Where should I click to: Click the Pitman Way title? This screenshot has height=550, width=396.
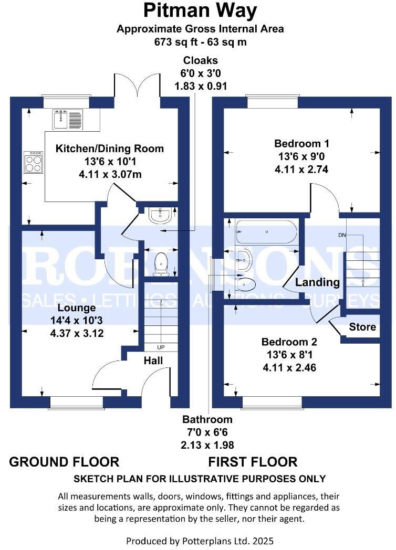pos(200,10)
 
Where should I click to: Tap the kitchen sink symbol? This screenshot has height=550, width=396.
pos(67,120)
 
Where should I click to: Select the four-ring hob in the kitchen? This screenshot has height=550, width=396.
pos(34,162)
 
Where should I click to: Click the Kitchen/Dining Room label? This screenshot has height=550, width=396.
pos(109,149)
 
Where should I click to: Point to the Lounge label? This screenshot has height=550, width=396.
pos(77,308)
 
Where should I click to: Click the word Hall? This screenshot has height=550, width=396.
pos(153,361)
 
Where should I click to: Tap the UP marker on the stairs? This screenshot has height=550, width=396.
pos(161,347)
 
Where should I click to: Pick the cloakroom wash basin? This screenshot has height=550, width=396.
pos(161,216)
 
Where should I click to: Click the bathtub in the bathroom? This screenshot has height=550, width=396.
pos(266,231)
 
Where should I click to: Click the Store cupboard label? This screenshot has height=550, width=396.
pos(362,327)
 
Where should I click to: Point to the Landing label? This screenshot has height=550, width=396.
pos(317,282)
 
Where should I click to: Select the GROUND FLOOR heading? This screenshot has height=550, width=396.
pos(64,462)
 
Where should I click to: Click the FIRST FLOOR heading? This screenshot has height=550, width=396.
pos(253,462)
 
